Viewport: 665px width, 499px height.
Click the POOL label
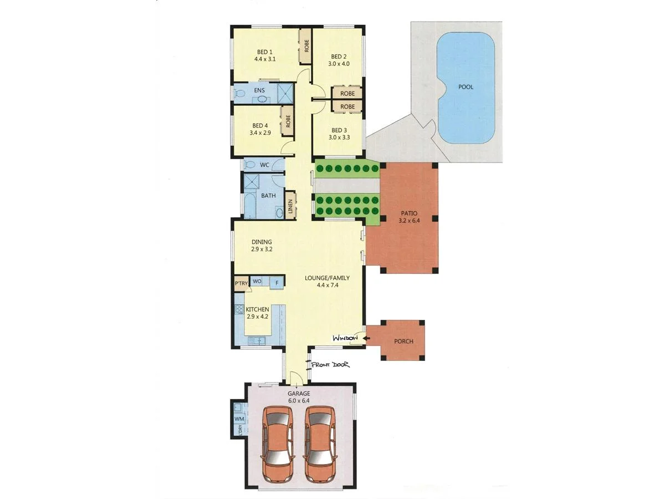click(x=466, y=87)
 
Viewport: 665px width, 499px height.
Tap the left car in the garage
click(x=278, y=444)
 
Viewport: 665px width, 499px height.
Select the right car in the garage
click(x=320, y=444)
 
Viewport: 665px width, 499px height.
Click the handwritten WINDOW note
click(x=345, y=338)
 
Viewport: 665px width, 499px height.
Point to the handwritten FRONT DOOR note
click(x=330, y=365)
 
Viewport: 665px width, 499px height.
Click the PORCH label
click(x=403, y=341)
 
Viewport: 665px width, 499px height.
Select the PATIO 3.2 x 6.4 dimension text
click(x=410, y=221)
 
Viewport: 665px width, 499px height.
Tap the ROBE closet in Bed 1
click(x=306, y=45)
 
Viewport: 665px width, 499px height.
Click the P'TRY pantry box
click(x=241, y=283)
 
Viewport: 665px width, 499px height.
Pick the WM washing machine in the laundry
click(x=239, y=419)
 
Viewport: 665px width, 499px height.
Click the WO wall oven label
click(x=257, y=282)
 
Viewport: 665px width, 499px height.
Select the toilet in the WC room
click(x=250, y=165)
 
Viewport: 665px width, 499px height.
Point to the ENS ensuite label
click(x=259, y=90)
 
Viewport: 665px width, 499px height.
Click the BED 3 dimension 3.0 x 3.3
click(x=339, y=138)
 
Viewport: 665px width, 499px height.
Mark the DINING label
click(x=262, y=242)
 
